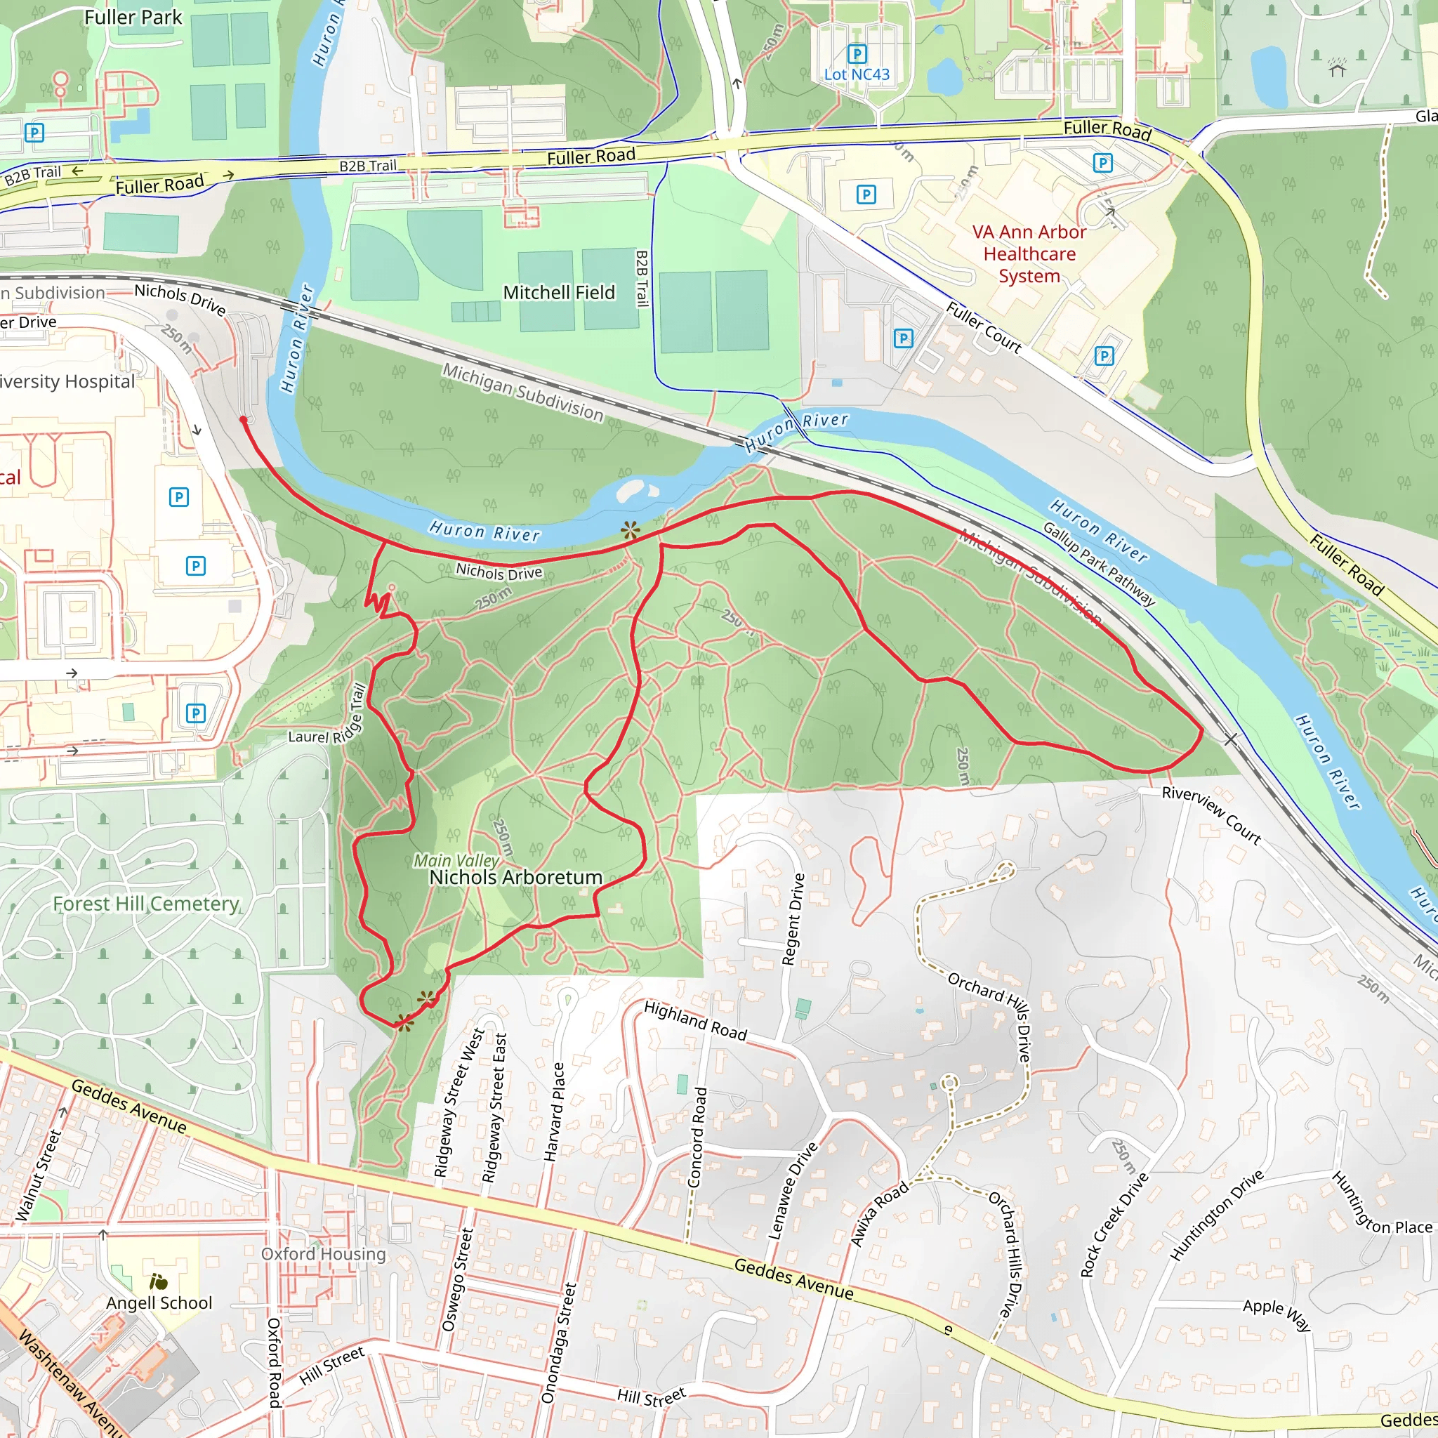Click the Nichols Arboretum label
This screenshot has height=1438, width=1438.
pos(516,878)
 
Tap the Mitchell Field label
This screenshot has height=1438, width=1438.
pos(559,293)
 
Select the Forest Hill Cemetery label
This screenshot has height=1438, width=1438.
pos(146,904)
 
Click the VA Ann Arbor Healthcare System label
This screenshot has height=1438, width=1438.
pos(1029,253)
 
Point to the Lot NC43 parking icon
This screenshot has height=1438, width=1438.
pos(857,53)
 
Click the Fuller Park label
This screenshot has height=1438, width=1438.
pos(133,17)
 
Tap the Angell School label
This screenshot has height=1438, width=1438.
pos(159,1302)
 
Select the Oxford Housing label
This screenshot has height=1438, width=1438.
pos(323,1253)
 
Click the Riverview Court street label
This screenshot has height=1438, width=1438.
pos(1211,816)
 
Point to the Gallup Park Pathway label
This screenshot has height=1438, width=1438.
pos(1099,565)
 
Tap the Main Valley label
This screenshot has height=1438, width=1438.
pos(456,860)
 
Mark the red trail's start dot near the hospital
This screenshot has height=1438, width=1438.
pos(244,421)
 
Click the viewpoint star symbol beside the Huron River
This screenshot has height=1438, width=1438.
pos(631,530)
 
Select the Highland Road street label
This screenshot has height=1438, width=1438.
pos(694,1020)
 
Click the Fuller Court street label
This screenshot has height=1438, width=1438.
pos(984,326)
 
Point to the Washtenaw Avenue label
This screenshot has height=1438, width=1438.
pos(70,1385)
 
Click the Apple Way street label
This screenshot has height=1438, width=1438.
pos(1277,1314)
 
